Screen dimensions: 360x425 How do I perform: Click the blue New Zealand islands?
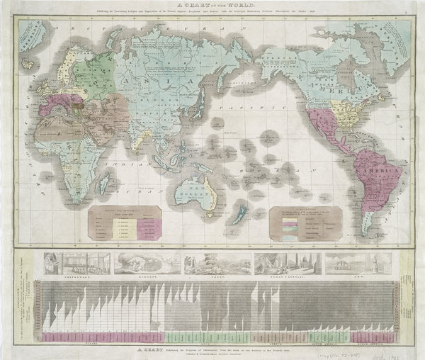point(241,213)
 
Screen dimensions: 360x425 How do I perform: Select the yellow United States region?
point(347,110)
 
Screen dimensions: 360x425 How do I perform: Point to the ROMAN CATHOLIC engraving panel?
point(287,263)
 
